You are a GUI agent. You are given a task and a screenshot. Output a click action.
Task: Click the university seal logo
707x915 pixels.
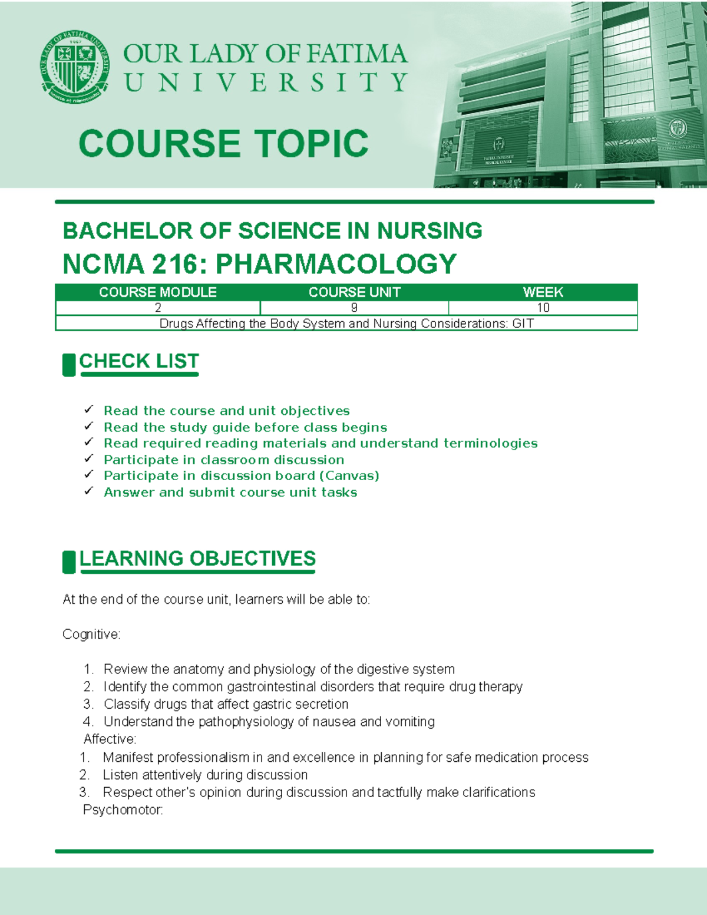[75, 67]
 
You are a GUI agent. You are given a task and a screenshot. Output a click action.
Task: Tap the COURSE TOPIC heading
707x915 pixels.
[223, 144]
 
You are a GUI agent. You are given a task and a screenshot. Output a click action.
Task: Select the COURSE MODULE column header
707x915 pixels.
[157, 292]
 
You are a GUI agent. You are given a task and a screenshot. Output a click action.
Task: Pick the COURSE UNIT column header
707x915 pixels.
[354, 292]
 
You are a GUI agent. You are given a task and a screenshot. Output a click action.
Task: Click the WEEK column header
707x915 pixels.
[543, 292]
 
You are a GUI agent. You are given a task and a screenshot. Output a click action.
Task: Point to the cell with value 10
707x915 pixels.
[543, 308]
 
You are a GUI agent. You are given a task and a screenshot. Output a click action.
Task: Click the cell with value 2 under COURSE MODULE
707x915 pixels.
[158, 308]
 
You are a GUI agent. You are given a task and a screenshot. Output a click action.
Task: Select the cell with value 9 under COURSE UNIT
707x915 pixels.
[354, 308]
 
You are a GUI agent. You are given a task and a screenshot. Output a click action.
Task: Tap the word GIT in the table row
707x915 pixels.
[523, 323]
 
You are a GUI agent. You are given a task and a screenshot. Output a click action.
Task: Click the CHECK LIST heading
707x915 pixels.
[139, 361]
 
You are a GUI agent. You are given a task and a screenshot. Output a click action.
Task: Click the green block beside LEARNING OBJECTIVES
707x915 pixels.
[69, 562]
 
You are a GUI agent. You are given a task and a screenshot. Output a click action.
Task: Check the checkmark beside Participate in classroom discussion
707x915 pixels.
[89, 458]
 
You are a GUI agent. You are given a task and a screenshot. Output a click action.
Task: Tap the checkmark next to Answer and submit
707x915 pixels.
[89, 491]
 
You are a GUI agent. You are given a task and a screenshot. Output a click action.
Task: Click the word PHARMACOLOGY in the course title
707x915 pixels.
[336, 264]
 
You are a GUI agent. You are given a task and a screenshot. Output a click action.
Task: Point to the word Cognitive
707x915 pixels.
[91, 635]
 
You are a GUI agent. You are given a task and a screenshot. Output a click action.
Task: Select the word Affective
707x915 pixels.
[110, 739]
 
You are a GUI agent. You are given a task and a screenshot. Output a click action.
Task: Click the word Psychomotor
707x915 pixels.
[123, 810]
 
